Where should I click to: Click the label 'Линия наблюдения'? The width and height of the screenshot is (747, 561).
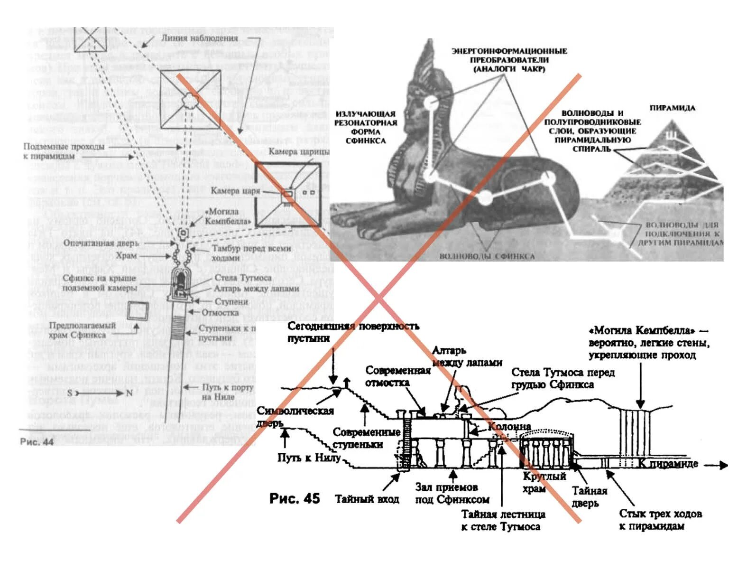click(199, 38)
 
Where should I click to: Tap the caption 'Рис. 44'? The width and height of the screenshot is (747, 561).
click(37, 442)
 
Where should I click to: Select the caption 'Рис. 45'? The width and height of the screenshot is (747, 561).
click(294, 498)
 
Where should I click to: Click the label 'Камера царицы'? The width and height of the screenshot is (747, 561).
click(298, 152)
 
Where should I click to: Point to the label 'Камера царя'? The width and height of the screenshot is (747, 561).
click(235, 191)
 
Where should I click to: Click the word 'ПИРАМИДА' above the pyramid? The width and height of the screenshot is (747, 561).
click(672, 108)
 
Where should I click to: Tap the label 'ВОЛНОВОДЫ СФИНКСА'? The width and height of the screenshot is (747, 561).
click(487, 256)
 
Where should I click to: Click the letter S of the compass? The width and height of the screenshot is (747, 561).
click(70, 393)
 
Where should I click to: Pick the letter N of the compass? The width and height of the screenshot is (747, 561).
click(129, 393)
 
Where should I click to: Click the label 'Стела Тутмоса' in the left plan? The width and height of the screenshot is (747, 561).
click(243, 278)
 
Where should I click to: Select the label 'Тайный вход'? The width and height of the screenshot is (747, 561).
click(367, 499)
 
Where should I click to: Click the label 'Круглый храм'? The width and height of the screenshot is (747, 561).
click(544, 482)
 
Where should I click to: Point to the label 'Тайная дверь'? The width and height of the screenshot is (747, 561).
click(589, 496)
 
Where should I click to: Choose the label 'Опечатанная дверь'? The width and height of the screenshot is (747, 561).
click(101, 243)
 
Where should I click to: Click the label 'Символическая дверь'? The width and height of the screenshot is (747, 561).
click(295, 416)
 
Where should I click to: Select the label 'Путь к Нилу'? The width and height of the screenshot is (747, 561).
click(309, 458)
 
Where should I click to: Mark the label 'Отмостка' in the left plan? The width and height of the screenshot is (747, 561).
click(220, 313)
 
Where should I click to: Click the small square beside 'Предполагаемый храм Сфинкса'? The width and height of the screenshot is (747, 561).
click(138, 311)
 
